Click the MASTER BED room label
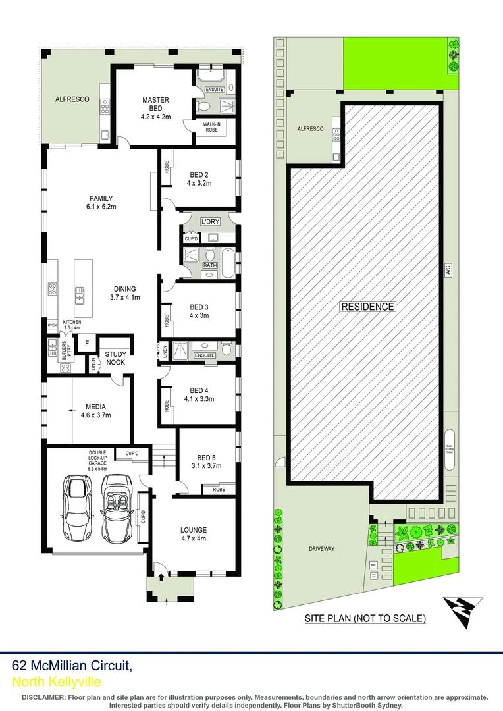(155, 100)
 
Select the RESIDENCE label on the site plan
(367, 306)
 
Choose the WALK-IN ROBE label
(211, 127)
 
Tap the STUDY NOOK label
(116, 358)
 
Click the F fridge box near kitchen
(85, 342)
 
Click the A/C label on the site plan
(447, 269)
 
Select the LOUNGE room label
(193, 530)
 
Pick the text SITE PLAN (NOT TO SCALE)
(365, 618)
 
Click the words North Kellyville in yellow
(57, 682)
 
